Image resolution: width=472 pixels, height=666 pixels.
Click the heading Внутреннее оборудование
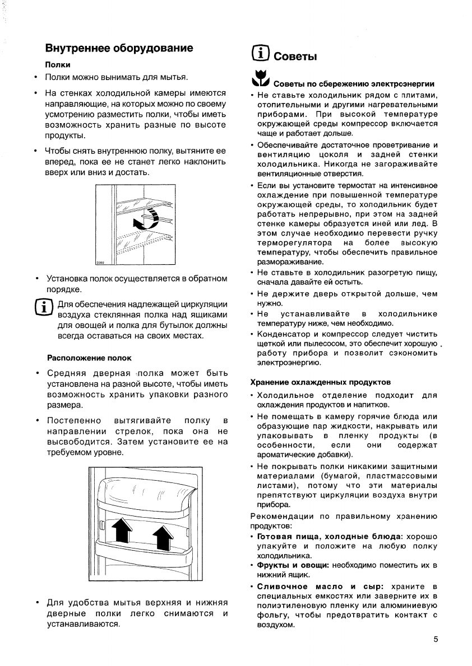pyautogui.click(x=119, y=48)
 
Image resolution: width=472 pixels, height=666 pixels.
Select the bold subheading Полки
pyautogui.click(x=57, y=65)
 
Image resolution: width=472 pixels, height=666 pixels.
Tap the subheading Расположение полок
pyautogui.click(x=88, y=358)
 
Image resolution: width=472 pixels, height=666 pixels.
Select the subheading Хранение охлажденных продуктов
pyautogui.click(x=320, y=382)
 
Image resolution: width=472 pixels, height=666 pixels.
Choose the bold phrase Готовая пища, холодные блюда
pyautogui.click(x=330, y=536)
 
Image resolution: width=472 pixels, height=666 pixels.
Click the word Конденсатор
pyautogui.click(x=284, y=334)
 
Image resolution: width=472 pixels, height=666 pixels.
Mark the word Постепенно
pyautogui.click(x=74, y=420)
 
